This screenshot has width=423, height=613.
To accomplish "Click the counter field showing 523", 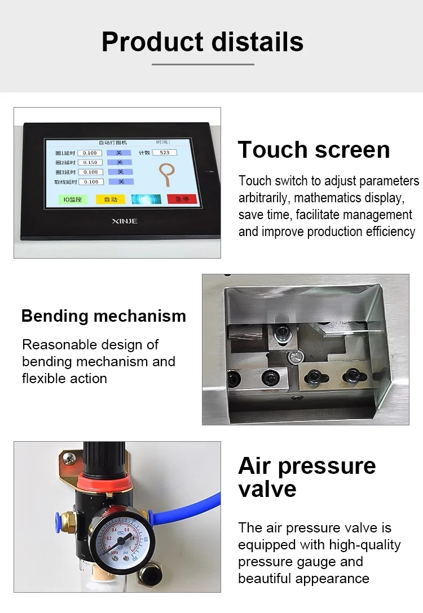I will coord(164,153).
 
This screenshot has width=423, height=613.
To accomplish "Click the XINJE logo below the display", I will coord(124,221).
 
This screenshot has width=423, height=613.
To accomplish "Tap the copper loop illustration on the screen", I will coord(166,173).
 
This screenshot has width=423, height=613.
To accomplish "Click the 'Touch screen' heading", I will coord(314,150).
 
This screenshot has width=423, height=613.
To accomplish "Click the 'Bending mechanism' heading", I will coord(104,316).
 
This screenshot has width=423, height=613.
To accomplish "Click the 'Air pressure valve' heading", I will coord(306,477).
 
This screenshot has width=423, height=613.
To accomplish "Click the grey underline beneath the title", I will coord(202,64).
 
